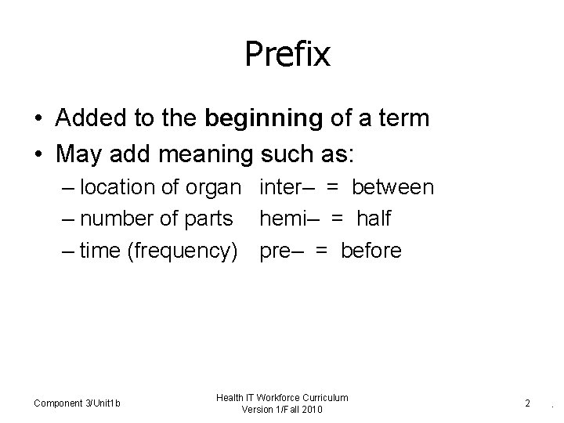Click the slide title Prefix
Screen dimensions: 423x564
(x=287, y=55)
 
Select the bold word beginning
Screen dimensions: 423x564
(x=262, y=118)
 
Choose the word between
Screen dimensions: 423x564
(x=392, y=187)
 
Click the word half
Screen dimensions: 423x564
(x=373, y=219)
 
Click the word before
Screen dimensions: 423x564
(x=371, y=251)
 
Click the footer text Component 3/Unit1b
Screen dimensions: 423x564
(x=78, y=403)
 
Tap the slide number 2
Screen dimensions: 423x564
(x=528, y=403)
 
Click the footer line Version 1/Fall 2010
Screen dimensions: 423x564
(x=283, y=410)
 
